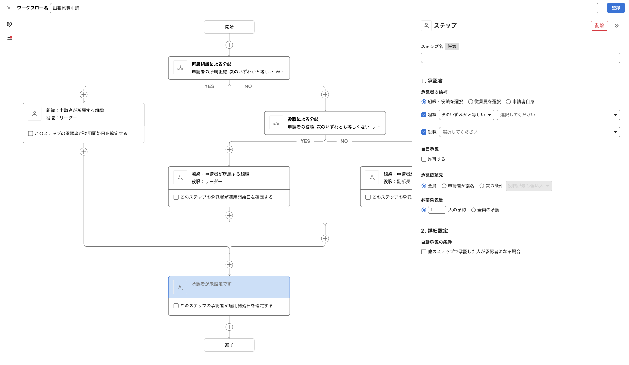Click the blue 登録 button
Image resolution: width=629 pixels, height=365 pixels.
point(615,8)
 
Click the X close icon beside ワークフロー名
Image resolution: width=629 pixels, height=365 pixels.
point(9,8)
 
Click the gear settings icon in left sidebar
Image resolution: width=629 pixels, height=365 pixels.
point(9,24)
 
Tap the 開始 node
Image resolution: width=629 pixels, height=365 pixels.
point(229,27)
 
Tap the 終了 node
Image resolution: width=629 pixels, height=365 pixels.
point(229,345)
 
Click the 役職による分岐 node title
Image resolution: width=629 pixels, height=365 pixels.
point(303,119)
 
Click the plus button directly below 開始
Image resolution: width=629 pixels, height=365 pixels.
point(229,45)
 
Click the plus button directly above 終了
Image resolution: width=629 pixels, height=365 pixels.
point(229,327)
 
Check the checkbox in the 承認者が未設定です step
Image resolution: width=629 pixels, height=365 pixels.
point(176,306)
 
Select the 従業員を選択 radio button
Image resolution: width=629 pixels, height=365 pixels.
point(471,102)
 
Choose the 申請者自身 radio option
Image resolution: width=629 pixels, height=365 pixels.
point(508,102)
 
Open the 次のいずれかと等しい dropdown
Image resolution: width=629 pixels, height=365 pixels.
point(466,115)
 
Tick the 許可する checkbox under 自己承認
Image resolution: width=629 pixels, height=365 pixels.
point(424,159)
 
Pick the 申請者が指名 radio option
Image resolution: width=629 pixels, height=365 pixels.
point(444,186)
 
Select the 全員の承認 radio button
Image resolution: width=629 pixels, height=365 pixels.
point(473,210)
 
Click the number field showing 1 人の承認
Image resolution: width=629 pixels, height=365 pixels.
point(437,210)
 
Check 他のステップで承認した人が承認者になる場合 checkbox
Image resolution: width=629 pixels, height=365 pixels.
point(424,252)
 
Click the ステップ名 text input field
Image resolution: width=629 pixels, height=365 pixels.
point(520,58)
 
